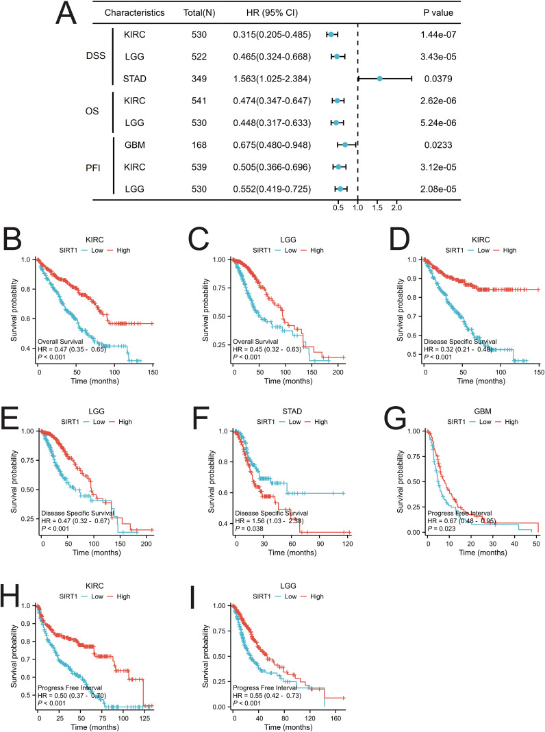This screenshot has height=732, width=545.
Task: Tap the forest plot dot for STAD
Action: [380, 79]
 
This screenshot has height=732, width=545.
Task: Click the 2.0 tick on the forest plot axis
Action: [396, 207]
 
